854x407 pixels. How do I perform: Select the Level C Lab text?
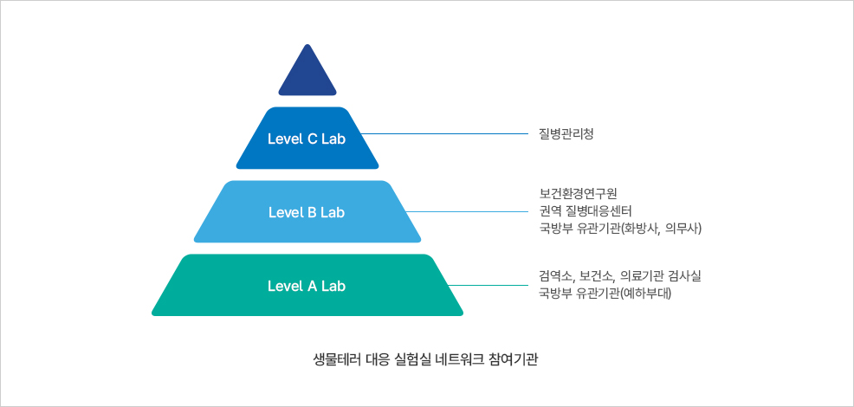[x=307, y=139]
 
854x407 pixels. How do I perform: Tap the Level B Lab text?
[x=307, y=212]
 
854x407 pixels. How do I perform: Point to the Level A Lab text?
[x=307, y=286]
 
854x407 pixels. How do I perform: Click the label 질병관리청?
[x=566, y=134]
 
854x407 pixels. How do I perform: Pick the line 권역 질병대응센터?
[x=586, y=211]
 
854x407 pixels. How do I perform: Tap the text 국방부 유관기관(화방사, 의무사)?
[x=619, y=229]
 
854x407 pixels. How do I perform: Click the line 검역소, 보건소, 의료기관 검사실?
[x=619, y=275]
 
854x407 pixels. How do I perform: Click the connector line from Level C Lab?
[x=443, y=134]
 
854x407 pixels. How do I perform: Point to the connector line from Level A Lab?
[x=489, y=285]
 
